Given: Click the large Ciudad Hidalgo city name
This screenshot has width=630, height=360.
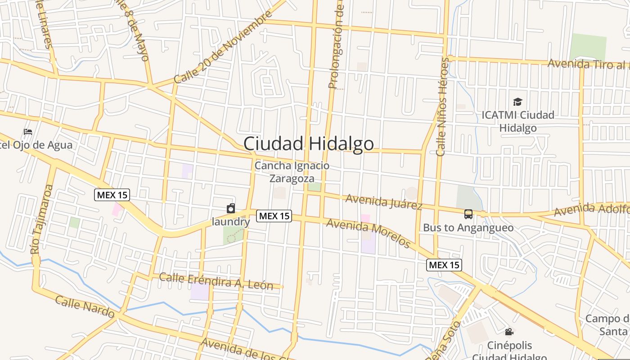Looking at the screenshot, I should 308,144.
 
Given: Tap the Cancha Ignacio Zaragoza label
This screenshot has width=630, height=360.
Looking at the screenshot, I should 292,172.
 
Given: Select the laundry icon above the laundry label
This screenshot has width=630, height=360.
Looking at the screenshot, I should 231,208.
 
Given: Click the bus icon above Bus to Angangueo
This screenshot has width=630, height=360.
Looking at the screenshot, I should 468,214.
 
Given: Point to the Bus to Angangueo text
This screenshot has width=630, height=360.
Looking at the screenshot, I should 468,228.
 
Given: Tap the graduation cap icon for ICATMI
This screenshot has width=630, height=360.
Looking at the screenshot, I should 518,102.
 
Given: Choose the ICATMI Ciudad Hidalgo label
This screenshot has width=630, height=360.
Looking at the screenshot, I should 518,121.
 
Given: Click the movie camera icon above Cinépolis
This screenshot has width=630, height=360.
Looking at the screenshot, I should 509,332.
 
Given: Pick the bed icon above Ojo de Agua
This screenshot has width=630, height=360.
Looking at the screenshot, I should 28,132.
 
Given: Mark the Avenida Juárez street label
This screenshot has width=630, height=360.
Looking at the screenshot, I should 384,202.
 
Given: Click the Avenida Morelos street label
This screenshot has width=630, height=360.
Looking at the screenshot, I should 369,233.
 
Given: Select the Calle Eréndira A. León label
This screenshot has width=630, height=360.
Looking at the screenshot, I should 216,281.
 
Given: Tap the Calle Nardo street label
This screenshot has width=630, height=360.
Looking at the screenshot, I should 85,306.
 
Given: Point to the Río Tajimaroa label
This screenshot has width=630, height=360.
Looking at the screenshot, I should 42,219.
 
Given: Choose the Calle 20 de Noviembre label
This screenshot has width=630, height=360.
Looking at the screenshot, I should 223,48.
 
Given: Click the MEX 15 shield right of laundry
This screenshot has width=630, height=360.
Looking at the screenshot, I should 274,216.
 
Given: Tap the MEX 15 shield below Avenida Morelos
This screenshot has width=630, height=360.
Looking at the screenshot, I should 444,265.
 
